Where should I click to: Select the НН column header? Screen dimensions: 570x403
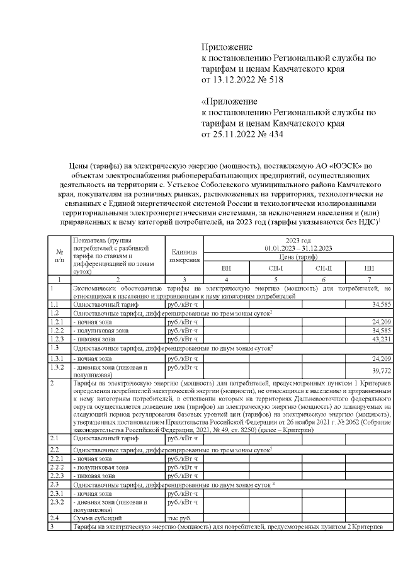(x=369, y=268)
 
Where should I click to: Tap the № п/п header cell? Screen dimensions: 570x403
(x=59, y=256)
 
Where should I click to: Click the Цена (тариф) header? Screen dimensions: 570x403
(x=298, y=257)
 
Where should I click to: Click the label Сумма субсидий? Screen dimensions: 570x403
(x=94, y=517)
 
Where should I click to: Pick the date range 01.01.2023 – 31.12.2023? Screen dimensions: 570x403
(x=298, y=248)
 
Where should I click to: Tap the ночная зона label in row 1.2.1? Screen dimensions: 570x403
(x=94, y=322)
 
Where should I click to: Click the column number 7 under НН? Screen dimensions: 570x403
(x=369, y=278)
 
